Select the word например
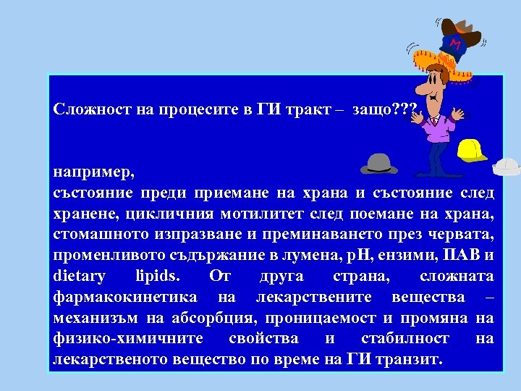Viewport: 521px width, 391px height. [91, 172]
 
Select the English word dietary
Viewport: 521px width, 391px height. [80, 277]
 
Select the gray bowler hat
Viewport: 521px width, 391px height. [379, 164]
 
